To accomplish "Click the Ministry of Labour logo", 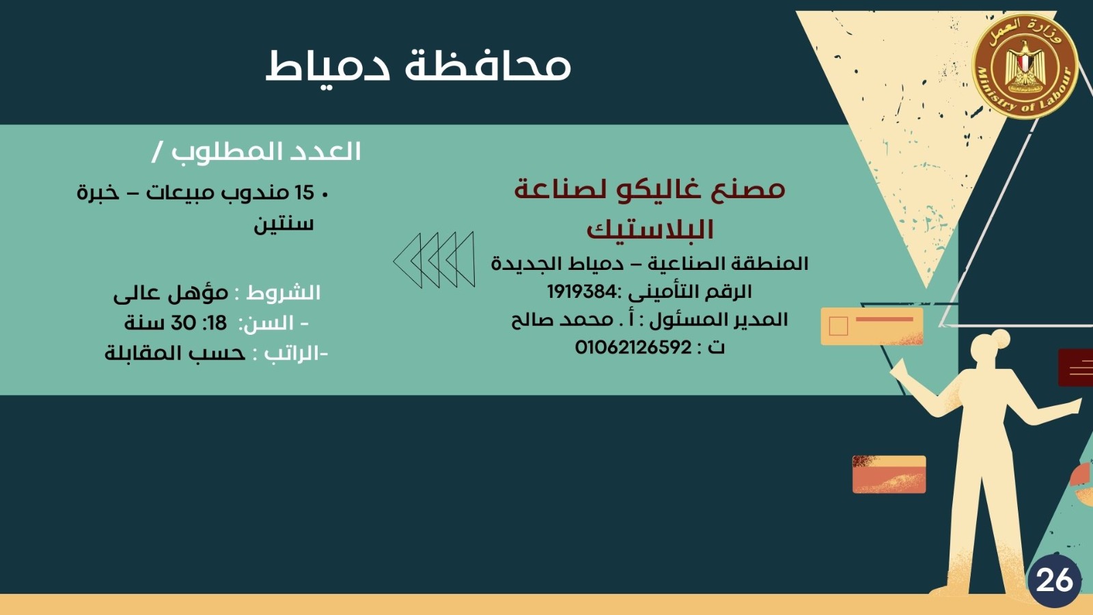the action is coord(1025,66).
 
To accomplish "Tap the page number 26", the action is coord(1054,581).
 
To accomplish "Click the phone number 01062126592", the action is coord(633,348).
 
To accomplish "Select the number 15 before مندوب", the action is coord(305,193).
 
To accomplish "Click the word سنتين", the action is coord(283,225).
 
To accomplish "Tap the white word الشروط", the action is coord(283,293).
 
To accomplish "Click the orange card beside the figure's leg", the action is coord(889,474).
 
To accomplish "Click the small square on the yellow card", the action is coord(838,326).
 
